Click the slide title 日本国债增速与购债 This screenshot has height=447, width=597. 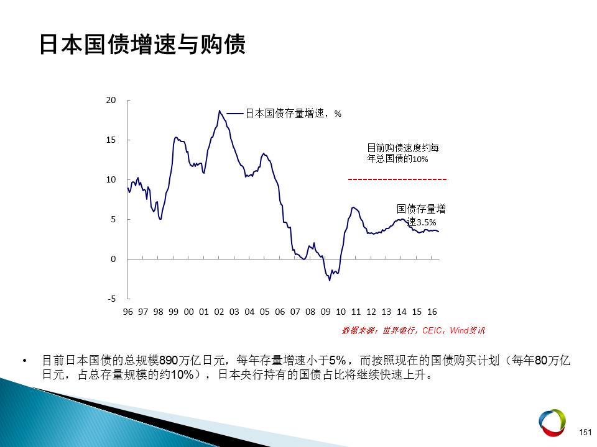pyautogui.click(x=142, y=45)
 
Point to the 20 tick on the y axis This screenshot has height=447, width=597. pyautogui.click(x=111, y=101)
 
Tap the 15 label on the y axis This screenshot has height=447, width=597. pyautogui.click(x=111, y=140)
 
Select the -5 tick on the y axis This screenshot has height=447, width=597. pyautogui.click(x=111, y=299)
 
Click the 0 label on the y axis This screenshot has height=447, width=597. pyautogui.click(x=113, y=260)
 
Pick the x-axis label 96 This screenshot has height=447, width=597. pyautogui.click(x=127, y=312)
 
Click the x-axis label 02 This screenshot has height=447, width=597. pyautogui.click(x=219, y=312)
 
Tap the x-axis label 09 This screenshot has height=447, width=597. pyautogui.click(x=325, y=312)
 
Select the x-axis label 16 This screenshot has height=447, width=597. pyautogui.click(x=432, y=312)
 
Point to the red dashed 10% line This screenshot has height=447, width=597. pyautogui.click(x=397, y=179)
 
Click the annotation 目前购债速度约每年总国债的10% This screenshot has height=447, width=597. pyautogui.click(x=403, y=153)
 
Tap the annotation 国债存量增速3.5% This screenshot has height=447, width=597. pyautogui.click(x=421, y=215)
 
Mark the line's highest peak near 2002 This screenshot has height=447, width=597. pyautogui.click(x=220, y=111)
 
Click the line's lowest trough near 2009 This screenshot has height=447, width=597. pyautogui.click(x=330, y=280)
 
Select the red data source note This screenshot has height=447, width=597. pyautogui.click(x=414, y=330)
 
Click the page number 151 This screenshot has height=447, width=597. pyautogui.click(x=585, y=432)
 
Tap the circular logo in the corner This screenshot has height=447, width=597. pyautogui.click(x=552, y=422)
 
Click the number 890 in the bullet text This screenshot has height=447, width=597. pyautogui.click(x=169, y=360)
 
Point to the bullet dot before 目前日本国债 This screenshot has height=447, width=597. pyautogui.click(x=25, y=360)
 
